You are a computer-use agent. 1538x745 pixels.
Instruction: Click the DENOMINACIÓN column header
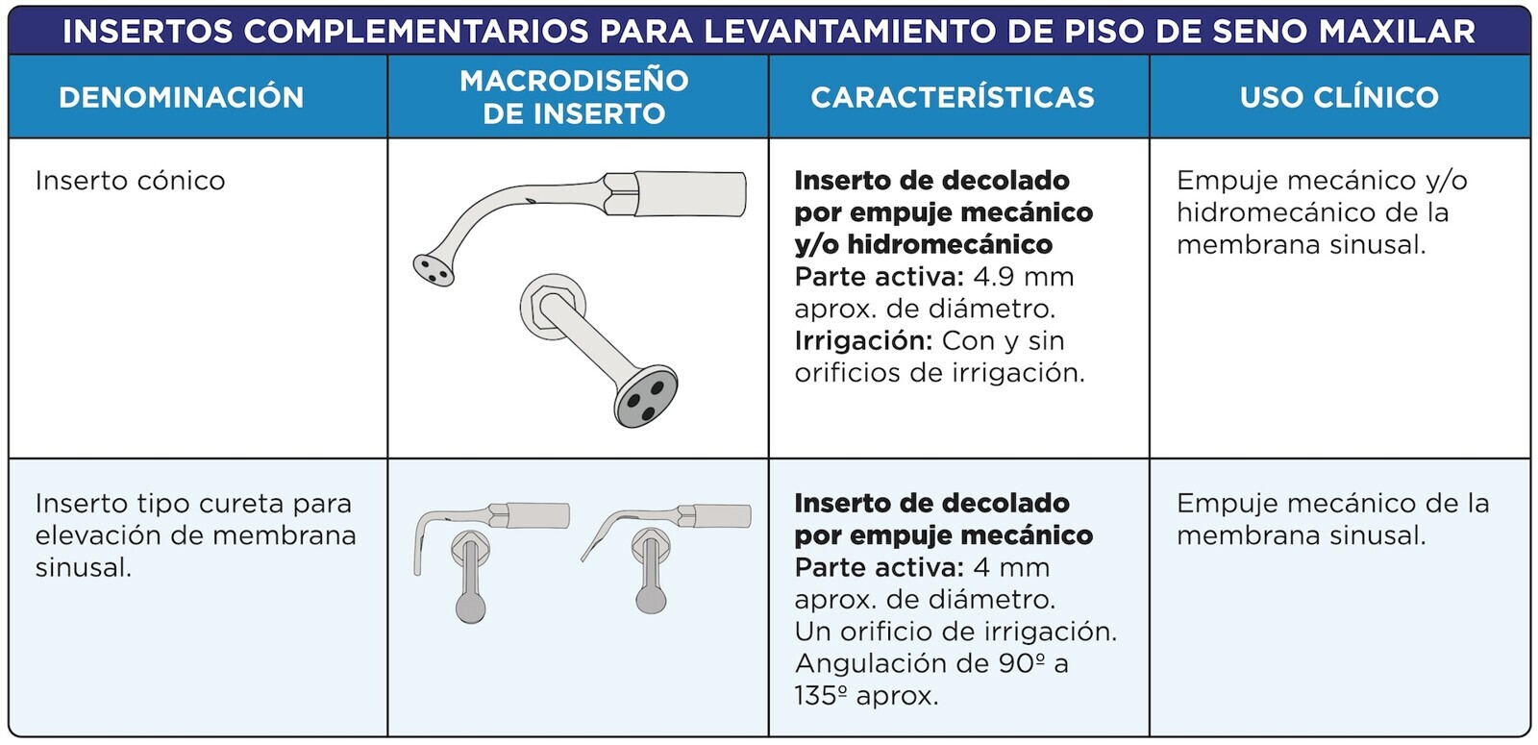coord(182,97)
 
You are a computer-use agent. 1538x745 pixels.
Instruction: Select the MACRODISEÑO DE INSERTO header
coord(574,97)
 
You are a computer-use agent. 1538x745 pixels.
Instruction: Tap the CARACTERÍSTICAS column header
coord(953,97)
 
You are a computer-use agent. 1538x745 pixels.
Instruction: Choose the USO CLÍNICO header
coord(1339,97)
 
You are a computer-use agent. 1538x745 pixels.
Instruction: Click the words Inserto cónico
coord(131,181)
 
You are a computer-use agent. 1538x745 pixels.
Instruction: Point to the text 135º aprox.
coord(866,696)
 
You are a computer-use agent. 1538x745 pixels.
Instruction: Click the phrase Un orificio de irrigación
coord(955,632)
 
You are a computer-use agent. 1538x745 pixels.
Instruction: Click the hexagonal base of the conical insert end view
coord(553,307)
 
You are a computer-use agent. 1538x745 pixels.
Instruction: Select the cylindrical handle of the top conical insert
coord(690,194)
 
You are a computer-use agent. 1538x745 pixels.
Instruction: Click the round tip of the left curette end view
coord(470,608)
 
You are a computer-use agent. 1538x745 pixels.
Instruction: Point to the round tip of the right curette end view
coord(651,599)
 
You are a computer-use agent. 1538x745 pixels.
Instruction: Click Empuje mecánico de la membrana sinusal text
coord(1332,520)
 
